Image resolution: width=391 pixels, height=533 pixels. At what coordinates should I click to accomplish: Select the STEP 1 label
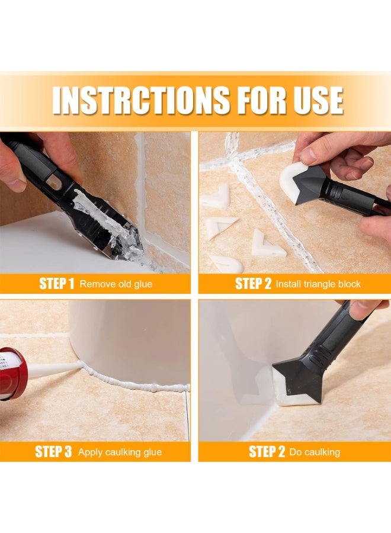click(57, 284)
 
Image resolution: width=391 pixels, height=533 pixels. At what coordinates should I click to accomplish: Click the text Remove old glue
click(116, 284)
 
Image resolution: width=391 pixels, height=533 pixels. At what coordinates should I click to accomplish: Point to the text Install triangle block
click(318, 284)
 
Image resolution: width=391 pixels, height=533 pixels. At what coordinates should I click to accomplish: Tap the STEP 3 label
click(53, 452)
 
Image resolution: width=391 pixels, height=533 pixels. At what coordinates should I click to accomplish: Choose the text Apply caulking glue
click(120, 452)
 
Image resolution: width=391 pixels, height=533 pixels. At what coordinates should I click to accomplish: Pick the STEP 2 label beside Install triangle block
click(254, 284)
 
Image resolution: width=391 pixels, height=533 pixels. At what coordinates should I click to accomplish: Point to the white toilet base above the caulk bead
click(130, 338)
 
